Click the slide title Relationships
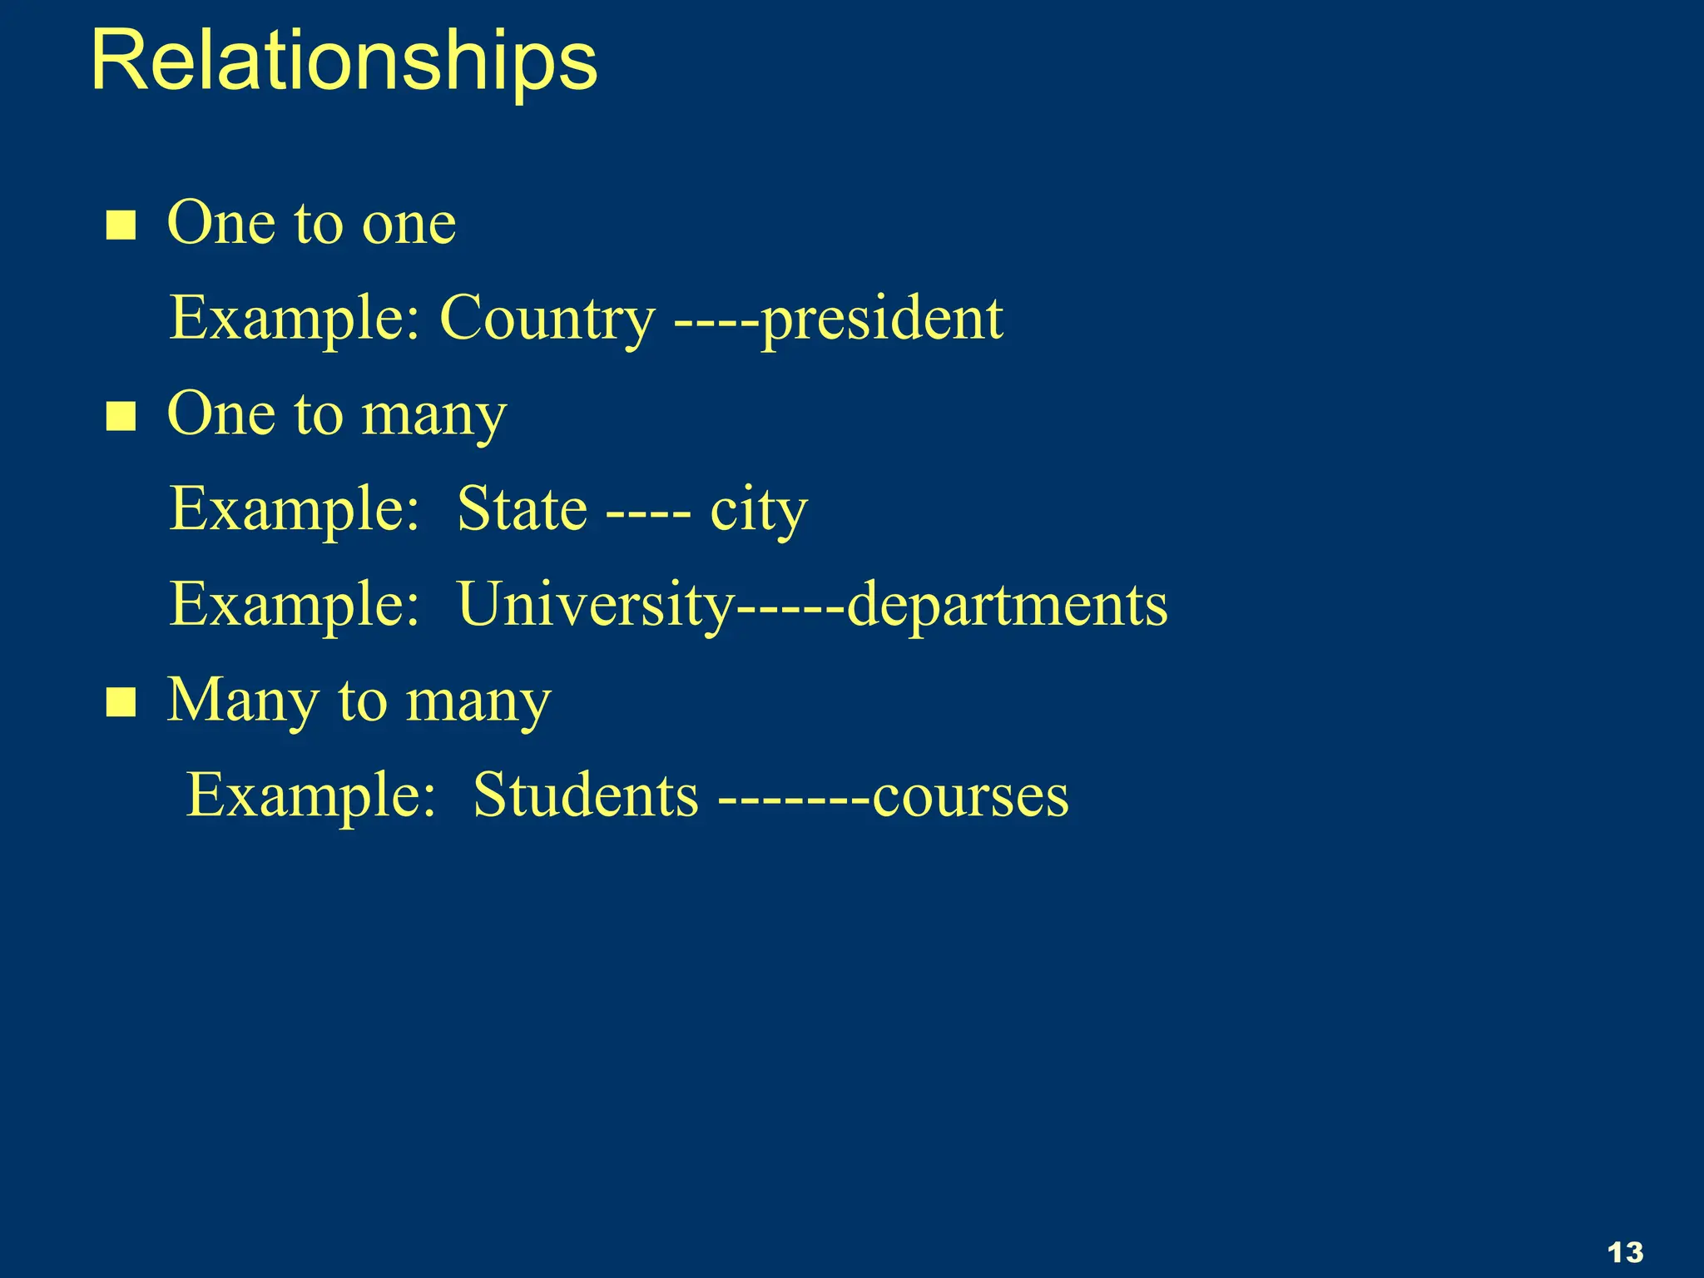[344, 62]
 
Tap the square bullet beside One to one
[121, 225]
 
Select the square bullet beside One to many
[121, 416]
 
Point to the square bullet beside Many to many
[121, 702]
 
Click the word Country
[547, 319]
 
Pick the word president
[882, 319]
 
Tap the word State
[523, 509]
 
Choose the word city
[758, 511]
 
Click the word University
[596, 605]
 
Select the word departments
[1007, 605]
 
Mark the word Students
[586, 795]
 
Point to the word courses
[970, 797]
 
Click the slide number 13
[1625, 1252]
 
